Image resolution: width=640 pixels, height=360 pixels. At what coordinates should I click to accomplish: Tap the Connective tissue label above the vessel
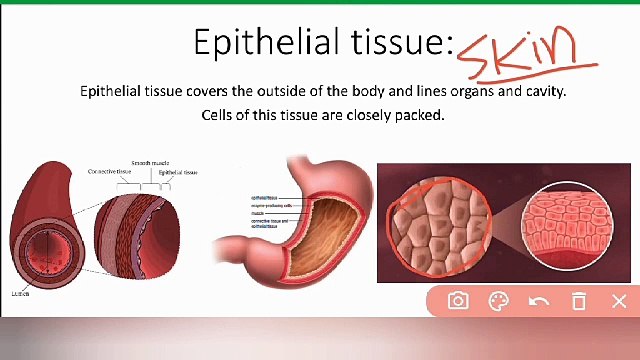pos(109,171)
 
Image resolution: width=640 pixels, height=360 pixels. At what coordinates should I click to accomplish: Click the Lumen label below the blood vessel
pos(20,293)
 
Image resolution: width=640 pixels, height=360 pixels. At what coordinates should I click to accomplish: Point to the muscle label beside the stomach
pos(258,212)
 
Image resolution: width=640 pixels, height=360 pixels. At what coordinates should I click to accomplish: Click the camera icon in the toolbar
pos(458,301)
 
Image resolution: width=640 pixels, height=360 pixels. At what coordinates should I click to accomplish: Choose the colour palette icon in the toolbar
pos(498,301)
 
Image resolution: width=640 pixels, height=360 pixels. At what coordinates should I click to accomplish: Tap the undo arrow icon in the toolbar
pos(538,301)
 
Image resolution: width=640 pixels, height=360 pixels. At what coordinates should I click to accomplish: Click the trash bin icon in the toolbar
pos(578,301)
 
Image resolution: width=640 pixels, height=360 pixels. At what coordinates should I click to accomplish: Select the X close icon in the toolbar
pos(618,301)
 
